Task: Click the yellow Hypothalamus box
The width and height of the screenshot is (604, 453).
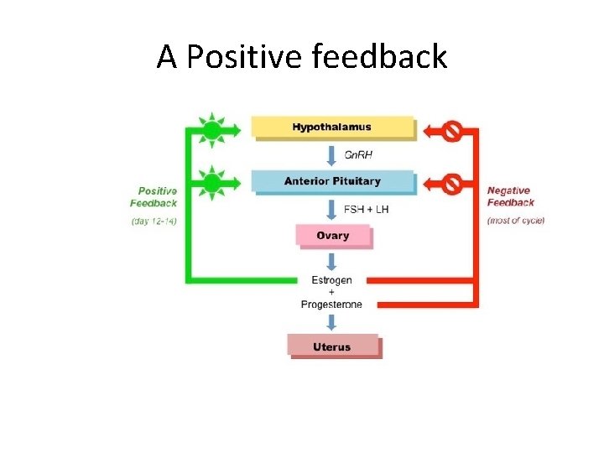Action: tap(332, 128)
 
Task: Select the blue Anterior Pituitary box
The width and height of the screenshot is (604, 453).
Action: tap(332, 181)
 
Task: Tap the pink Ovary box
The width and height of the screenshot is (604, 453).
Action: tap(332, 236)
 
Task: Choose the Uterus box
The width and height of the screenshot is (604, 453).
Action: tap(332, 346)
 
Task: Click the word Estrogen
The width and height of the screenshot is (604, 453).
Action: tap(332, 280)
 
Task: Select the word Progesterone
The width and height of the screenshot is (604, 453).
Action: tap(332, 305)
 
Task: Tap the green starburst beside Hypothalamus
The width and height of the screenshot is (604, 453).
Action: tap(212, 129)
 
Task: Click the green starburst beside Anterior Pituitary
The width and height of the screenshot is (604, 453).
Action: tap(212, 182)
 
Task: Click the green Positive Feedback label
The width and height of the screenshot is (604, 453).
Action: tap(154, 197)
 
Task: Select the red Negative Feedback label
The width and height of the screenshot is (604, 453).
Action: tap(511, 196)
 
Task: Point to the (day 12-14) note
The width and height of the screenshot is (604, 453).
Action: tap(154, 221)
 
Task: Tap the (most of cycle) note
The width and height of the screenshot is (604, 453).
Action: tap(515, 221)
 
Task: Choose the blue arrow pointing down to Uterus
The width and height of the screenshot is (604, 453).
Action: tap(332, 322)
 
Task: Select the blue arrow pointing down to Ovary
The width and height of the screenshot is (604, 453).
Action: tap(332, 209)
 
